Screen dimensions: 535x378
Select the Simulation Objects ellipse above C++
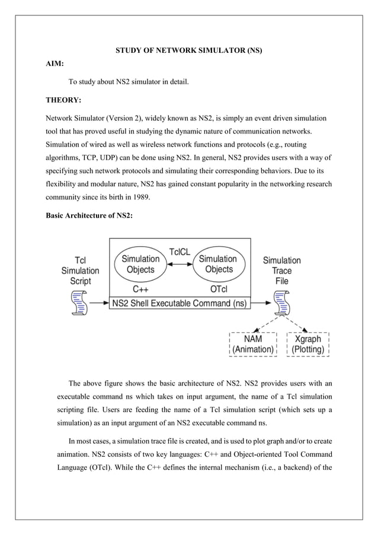(140, 264)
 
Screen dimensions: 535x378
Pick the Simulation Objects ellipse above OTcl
(218, 264)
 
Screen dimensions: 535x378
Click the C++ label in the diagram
(140, 289)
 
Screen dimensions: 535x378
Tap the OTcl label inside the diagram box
(218, 289)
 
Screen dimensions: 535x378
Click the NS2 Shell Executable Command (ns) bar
(180, 303)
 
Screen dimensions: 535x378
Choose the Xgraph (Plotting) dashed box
(307, 344)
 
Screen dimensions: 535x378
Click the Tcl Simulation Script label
(81, 270)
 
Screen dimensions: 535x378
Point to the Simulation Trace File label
(281, 270)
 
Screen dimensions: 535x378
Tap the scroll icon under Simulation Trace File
(282, 303)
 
